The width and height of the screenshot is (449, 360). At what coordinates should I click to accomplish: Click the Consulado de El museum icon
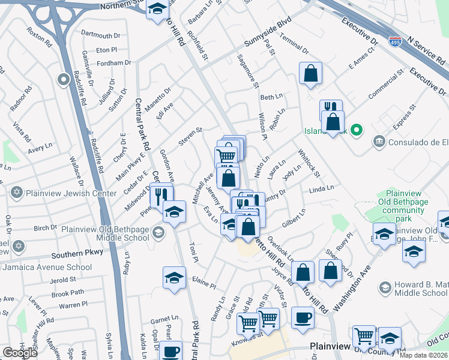coord(379,142)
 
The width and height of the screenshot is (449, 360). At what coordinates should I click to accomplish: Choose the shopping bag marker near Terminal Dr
coord(310,74)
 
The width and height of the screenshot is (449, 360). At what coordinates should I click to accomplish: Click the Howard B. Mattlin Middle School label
coord(420,289)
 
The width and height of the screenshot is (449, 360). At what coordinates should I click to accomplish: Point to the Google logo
coord(20,353)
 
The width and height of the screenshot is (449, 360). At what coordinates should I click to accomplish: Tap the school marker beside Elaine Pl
coord(174,278)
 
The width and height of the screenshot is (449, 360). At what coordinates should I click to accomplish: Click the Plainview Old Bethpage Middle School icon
coord(158,233)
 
